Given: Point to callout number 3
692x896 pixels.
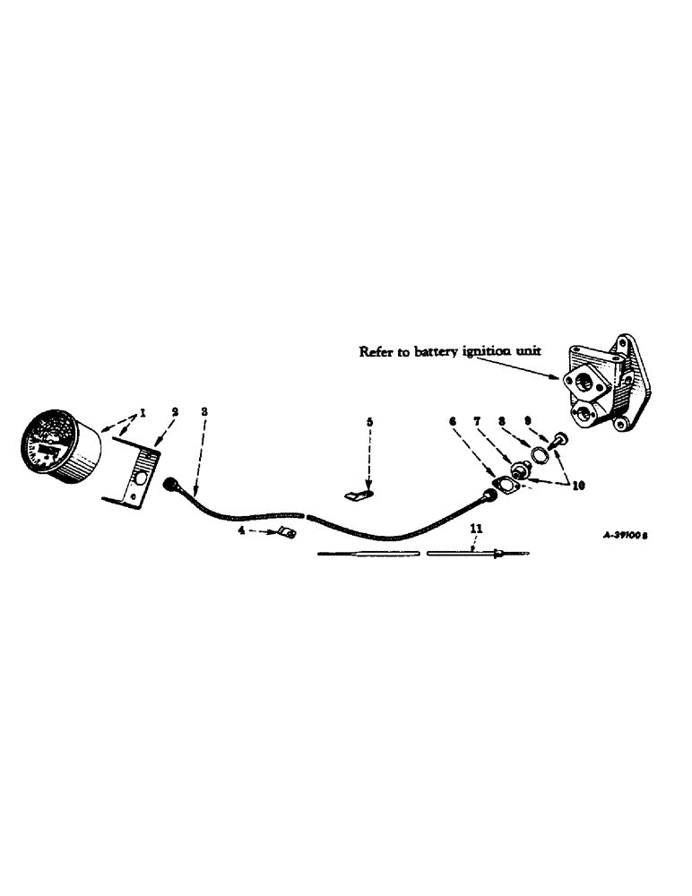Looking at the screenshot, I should coord(205,412).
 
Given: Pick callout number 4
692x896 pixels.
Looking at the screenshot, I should coord(240,531).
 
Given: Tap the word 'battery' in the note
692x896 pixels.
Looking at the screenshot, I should coord(433,352).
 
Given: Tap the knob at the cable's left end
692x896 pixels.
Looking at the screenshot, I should coord(169,484).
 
